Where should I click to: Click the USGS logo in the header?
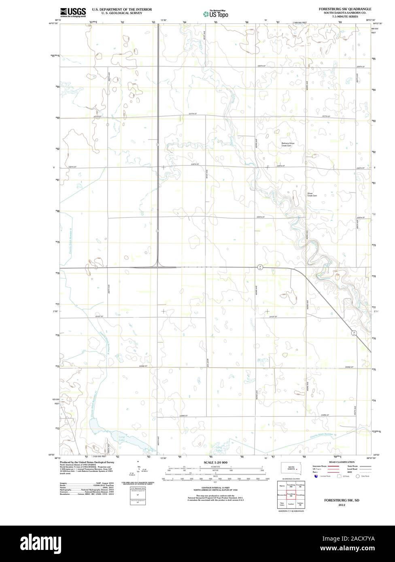pos(73,12)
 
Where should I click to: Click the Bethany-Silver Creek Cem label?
pos(290,144)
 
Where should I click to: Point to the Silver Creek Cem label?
pos(312,194)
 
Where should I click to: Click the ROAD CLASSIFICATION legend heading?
pos(342,462)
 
